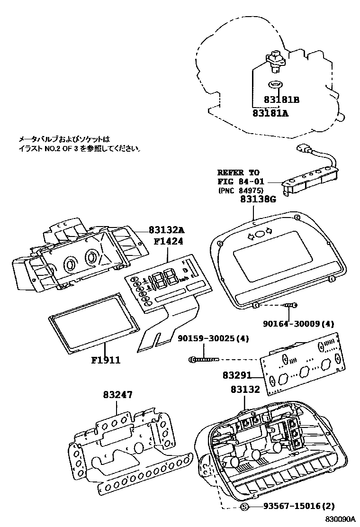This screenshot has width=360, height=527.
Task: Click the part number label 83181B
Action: pyautogui.click(x=283, y=100)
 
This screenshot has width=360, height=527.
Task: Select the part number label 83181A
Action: pyautogui.click(x=270, y=113)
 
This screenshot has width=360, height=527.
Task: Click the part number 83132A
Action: pyautogui.click(x=166, y=230)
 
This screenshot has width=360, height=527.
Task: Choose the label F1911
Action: pyautogui.click(x=106, y=360)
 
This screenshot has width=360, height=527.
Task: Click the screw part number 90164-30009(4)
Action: pyautogui.click(x=298, y=324)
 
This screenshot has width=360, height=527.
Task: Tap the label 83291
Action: pyautogui.click(x=237, y=375)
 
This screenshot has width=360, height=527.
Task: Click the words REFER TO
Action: pyautogui.click(x=238, y=173)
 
